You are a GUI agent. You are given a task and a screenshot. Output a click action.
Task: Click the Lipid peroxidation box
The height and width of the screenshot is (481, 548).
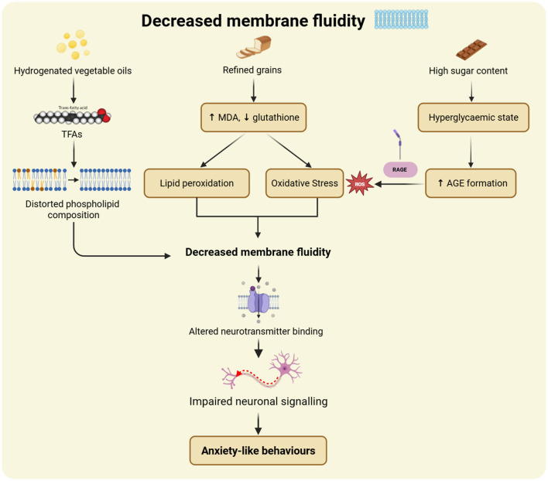(197, 183)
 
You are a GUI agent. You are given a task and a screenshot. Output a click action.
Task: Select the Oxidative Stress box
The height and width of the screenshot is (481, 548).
(304, 183)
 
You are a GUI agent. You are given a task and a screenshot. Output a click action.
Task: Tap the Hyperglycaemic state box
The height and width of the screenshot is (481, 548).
(473, 118)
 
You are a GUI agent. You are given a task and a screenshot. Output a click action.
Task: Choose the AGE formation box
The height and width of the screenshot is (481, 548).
(471, 183)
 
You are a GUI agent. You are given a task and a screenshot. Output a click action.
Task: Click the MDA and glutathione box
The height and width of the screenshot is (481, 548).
(253, 118)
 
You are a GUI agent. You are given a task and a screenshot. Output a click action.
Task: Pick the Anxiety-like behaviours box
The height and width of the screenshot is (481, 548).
(258, 450)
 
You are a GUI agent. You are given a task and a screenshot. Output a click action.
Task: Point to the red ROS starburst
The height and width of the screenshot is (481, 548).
(360, 183)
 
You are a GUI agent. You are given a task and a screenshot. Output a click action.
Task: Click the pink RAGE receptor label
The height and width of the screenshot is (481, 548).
(400, 169)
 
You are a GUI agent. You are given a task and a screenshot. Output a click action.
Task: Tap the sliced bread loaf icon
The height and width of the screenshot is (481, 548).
(254, 47)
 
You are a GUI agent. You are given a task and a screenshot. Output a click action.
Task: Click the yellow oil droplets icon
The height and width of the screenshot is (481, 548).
(74, 44)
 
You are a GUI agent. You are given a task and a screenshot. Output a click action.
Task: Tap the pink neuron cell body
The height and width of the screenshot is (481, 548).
(286, 367)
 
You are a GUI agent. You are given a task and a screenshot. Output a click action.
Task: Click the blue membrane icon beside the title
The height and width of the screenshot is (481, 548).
(401, 19)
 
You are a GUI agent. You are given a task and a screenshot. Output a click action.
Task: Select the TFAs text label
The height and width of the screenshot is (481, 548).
(72, 135)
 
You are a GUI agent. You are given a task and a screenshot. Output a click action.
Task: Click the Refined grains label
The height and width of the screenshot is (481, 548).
(252, 70)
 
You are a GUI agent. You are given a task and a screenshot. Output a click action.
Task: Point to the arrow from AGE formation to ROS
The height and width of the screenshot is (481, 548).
(399, 183)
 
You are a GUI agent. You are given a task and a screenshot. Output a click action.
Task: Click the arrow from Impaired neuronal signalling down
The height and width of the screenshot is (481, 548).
(259, 424)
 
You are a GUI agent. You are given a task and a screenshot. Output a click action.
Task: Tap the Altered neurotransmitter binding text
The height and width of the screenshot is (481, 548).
(256, 331)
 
